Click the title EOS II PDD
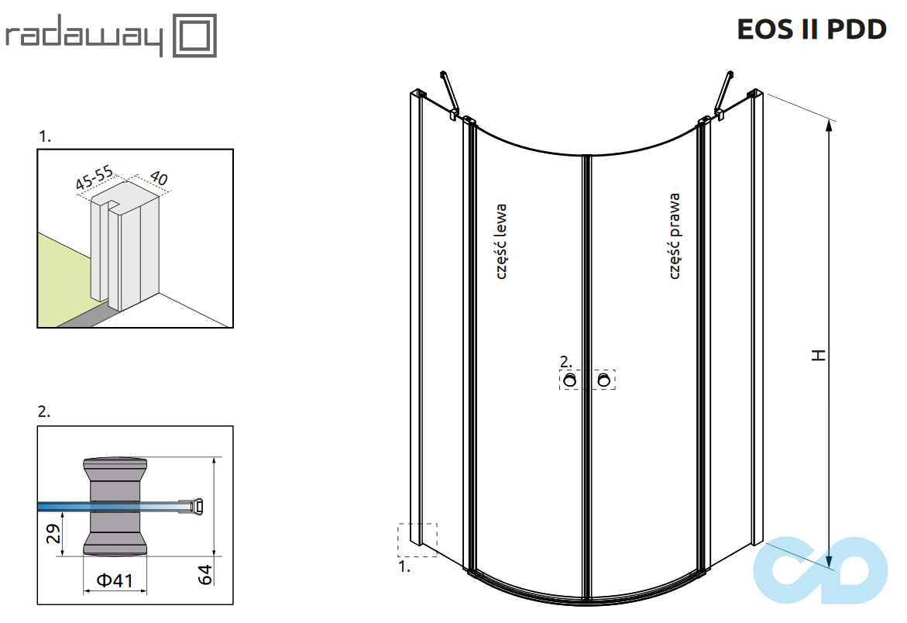(x=811, y=29)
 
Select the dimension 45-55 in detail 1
(x=94, y=177)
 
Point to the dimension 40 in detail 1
(x=158, y=178)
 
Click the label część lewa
(x=501, y=241)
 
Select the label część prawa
(x=675, y=236)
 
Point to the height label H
(x=818, y=355)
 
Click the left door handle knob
(x=570, y=380)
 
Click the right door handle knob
(x=603, y=380)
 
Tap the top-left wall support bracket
(x=449, y=93)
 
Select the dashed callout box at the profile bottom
(x=417, y=540)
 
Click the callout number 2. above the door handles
(x=565, y=361)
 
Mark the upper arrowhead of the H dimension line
(x=829, y=126)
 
